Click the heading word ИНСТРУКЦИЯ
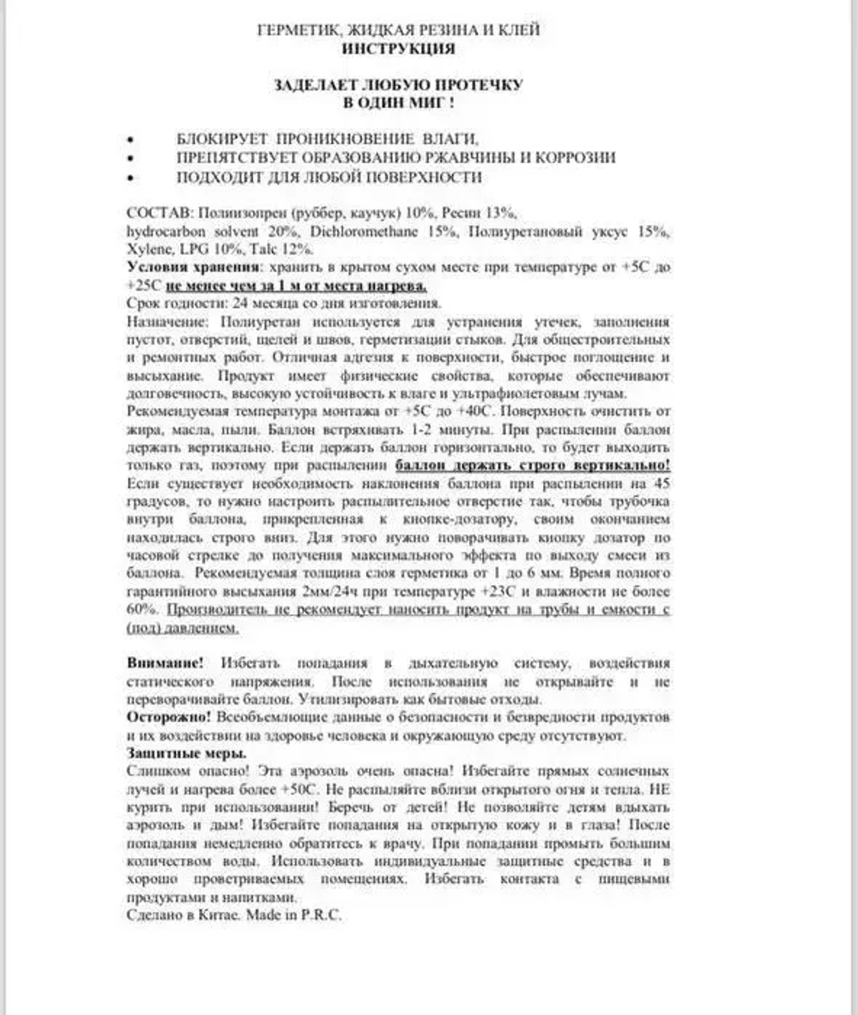(398, 49)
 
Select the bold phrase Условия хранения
(181, 268)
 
